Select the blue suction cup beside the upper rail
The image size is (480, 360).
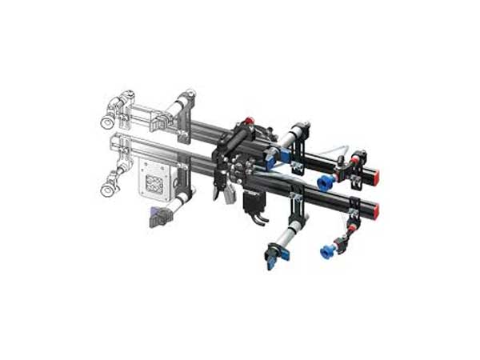point(325,181)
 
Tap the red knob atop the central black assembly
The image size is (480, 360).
point(249,122)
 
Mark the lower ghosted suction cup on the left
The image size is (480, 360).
point(106,190)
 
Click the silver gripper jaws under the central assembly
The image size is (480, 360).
point(220,192)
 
